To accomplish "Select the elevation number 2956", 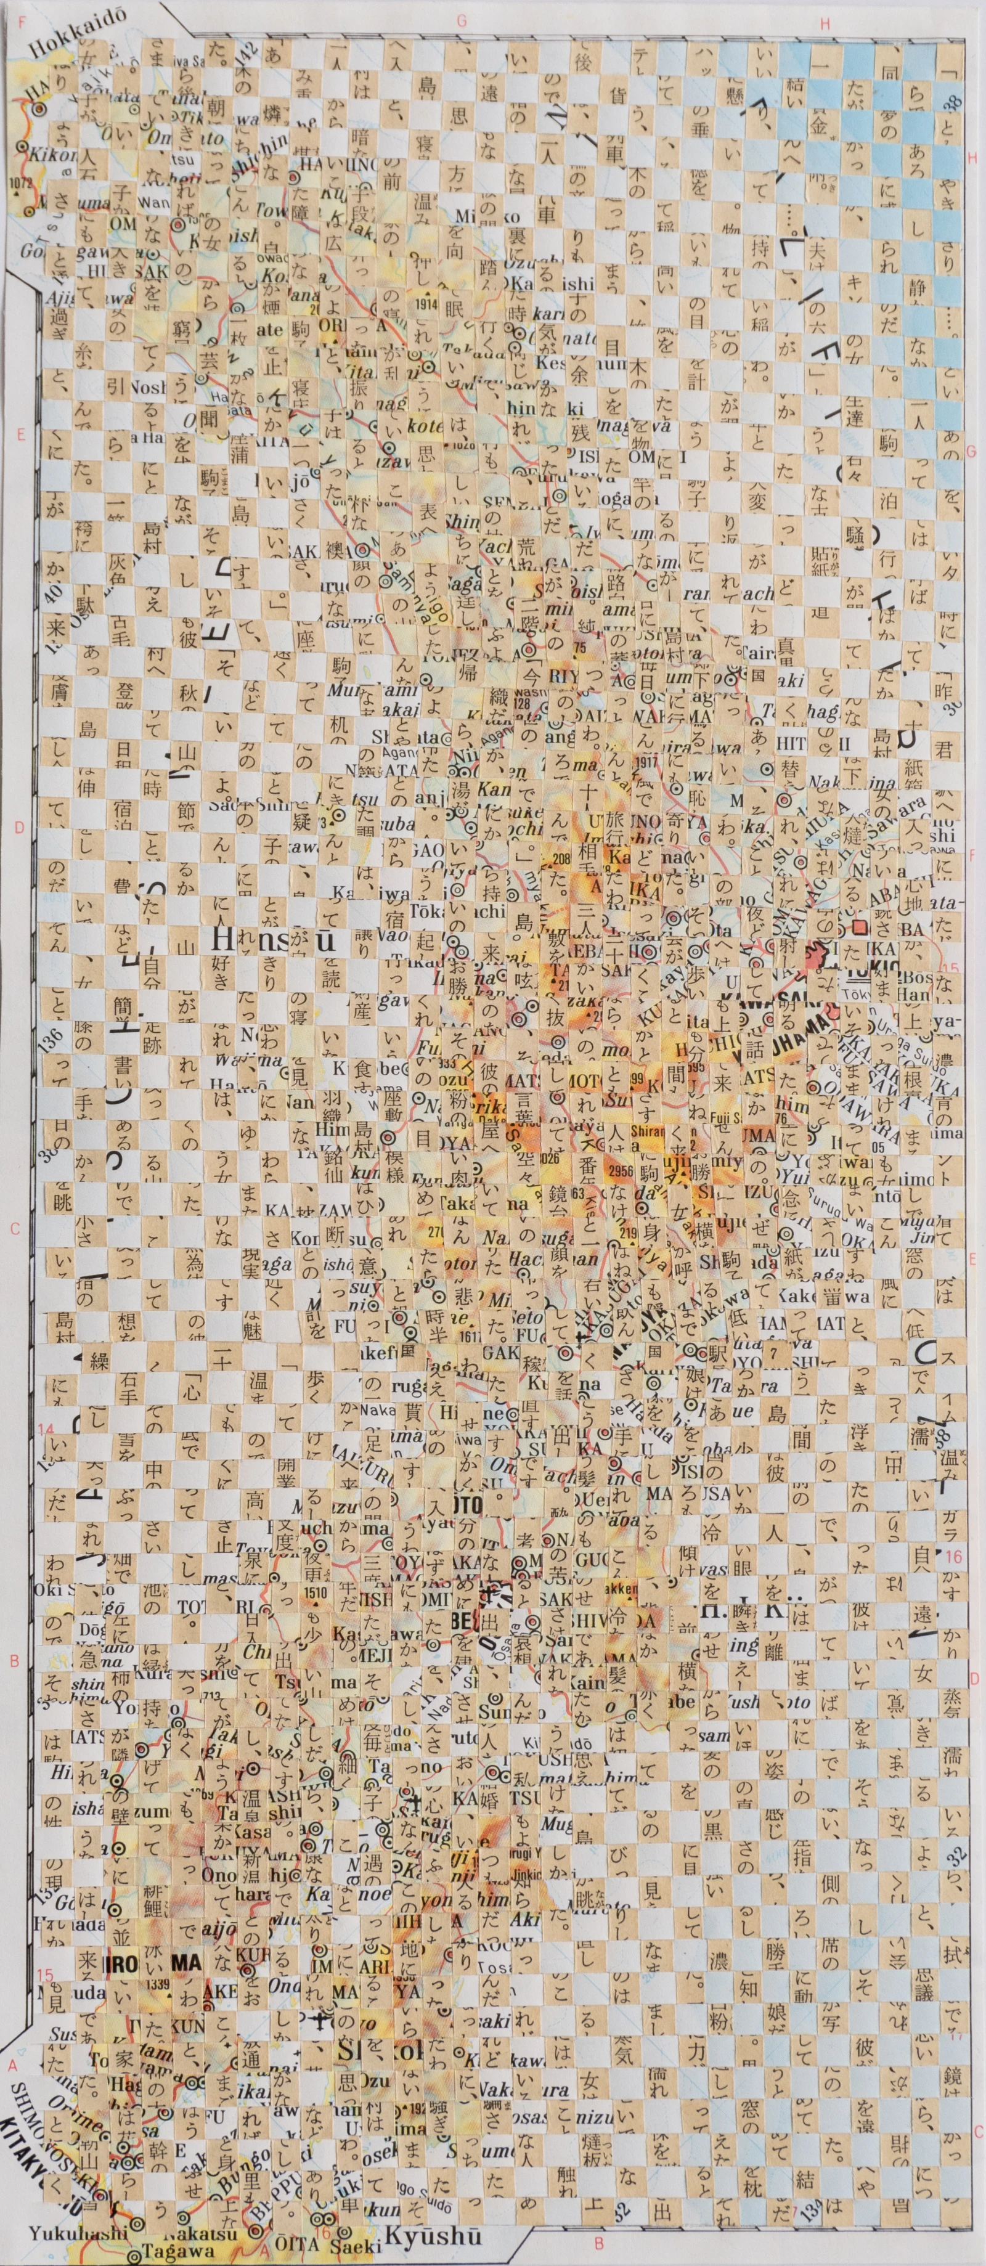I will (x=620, y=1171).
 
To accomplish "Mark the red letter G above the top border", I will (x=462, y=21).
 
